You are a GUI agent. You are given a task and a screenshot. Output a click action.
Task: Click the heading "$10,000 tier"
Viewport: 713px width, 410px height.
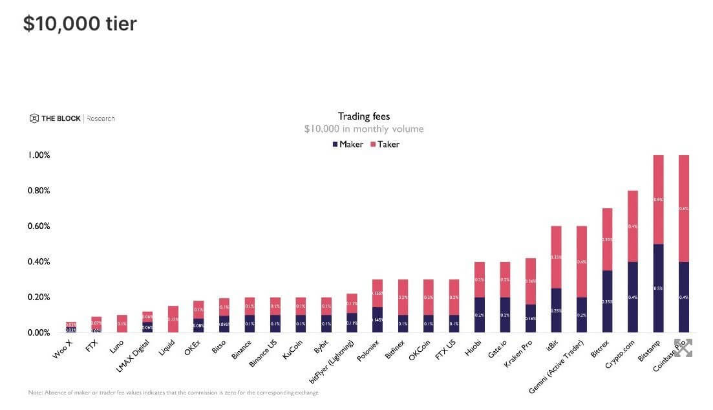(x=80, y=24)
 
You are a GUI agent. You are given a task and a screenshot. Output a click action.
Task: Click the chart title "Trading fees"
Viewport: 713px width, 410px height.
(x=364, y=116)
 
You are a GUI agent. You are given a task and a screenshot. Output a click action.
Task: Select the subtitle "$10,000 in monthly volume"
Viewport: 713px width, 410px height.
(x=364, y=129)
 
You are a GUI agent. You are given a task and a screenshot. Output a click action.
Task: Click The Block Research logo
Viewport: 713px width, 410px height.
(x=72, y=118)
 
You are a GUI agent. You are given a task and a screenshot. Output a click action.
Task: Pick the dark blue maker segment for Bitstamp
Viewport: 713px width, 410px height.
(x=659, y=288)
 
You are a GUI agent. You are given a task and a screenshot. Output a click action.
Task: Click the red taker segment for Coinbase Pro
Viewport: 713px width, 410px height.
(x=684, y=208)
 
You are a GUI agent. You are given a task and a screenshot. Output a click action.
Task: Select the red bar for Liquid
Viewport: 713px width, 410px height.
(x=173, y=319)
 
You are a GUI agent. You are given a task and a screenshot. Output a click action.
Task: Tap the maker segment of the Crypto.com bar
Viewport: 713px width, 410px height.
(x=633, y=297)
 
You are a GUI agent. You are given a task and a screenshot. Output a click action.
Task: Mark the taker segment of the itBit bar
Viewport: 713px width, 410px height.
(x=555, y=257)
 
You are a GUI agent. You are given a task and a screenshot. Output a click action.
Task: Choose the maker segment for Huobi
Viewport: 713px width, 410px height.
(x=479, y=315)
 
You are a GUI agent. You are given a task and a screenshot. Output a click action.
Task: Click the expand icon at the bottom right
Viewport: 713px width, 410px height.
(x=683, y=347)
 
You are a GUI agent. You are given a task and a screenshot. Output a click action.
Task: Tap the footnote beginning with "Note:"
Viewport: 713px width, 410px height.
(x=173, y=393)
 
